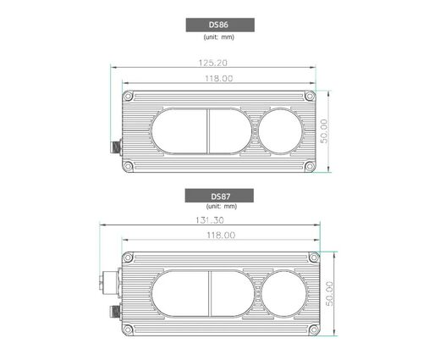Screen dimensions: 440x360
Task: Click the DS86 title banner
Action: (x=220, y=25)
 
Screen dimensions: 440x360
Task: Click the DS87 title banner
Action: (x=219, y=196)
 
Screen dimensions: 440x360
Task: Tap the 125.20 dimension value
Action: (x=213, y=63)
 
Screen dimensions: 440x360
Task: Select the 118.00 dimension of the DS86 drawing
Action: (x=219, y=78)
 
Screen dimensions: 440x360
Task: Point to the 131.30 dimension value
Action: (x=210, y=220)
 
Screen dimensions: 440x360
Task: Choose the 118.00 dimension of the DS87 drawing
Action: (x=221, y=235)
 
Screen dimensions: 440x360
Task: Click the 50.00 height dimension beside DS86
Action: (x=324, y=131)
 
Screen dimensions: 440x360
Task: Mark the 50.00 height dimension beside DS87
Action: (x=329, y=294)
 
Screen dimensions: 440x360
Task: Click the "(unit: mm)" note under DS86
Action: (x=219, y=37)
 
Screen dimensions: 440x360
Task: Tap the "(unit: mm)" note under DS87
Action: (x=222, y=206)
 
